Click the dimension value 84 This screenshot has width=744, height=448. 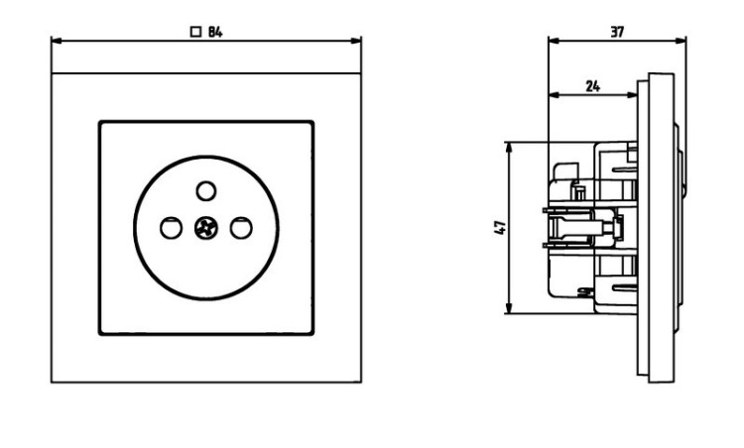(215, 32)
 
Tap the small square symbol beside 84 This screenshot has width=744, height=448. (195, 32)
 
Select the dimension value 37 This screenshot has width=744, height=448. (617, 32)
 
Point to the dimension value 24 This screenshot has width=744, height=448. (592, 86)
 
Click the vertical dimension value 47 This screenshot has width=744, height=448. (501, 228)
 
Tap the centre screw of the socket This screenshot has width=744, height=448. (206, 228)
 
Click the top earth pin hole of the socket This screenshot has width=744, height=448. (206, 191)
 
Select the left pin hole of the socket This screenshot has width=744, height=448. (171, 228)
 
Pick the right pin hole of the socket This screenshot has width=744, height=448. (241, 228)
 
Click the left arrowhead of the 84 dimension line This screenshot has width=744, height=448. (57, 41)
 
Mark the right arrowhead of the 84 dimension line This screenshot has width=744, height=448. (356, 41)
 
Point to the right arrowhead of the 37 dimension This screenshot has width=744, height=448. (681, 41)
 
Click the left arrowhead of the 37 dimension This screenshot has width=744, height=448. (554, 41)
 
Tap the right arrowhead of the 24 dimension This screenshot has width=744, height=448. (632, 95)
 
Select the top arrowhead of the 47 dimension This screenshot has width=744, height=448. (510, 148)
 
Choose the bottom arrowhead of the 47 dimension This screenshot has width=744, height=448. (510, 307)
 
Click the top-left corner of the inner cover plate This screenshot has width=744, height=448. (100, 122)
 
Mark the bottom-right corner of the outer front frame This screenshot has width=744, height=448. (361, 382)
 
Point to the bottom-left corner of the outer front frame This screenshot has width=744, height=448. (52, 382)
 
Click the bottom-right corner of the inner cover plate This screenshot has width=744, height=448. (312, 334)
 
